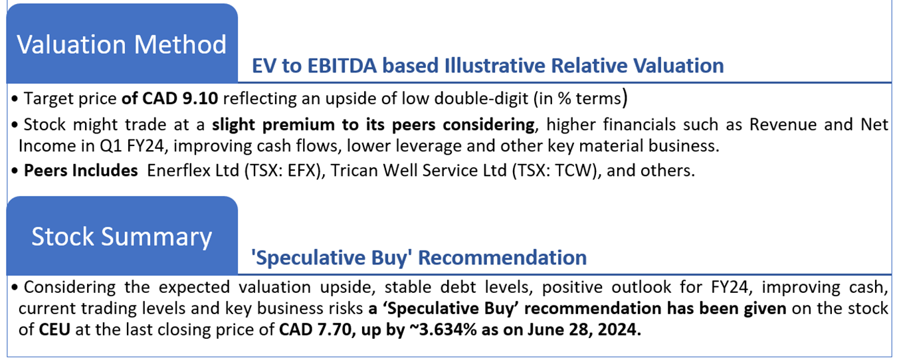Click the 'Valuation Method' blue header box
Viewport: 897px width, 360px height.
[x=122, y=43]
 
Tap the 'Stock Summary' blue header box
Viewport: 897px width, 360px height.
[x=122, y=236]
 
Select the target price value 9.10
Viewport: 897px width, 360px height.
[x=200, y=98]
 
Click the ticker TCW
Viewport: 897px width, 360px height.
[x=573, y=171]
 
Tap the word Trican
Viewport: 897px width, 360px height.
[x=354, y=171]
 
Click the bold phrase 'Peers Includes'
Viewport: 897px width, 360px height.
[x=81, y=171]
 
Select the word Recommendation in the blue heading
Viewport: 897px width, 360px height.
[x=502, y=258]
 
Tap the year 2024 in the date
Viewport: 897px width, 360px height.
[x=619, y=329]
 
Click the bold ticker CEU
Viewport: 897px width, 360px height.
[x=54, y=329]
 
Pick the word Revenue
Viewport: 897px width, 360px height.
[x=783, y=125]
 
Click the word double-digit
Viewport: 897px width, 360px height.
[x=481, y=98]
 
